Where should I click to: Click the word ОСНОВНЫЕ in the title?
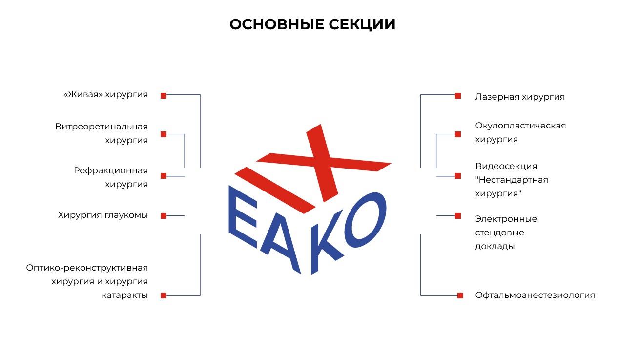[277, 24]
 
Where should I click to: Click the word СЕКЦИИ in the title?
[362, 25]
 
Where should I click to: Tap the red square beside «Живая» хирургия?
[164, 96]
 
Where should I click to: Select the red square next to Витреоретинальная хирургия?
[164, 134]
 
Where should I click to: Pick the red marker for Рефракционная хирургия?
[164, 176]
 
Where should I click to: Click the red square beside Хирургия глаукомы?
[164, 216]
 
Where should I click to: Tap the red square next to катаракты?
[164, 296]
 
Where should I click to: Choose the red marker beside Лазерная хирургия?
[458, 96]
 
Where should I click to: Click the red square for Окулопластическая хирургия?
[458, 134]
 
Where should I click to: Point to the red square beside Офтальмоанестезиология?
[460, 296]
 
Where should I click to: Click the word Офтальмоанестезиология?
[535, 295]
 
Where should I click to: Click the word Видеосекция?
[506, 167]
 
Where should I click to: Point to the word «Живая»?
[83, 94]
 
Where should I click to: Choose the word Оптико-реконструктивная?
[87, 268]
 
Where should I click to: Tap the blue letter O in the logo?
[365, 220]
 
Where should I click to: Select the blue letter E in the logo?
[243, 216]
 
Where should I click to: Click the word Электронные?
[506, 219]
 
